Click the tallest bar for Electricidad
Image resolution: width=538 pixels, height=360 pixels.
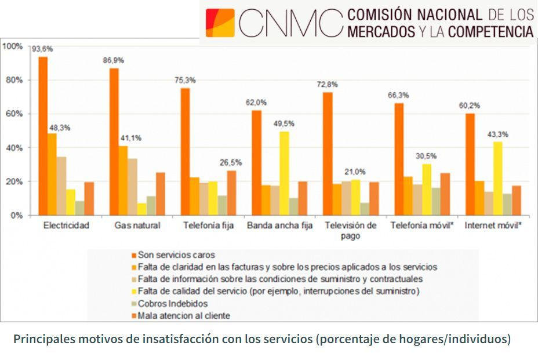tap(43, 136)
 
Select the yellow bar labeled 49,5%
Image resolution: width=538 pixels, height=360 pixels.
tap(284, 173)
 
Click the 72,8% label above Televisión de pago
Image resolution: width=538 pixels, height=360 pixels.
tap(329, 85)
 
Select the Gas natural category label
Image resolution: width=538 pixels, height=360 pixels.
tap(137, 226)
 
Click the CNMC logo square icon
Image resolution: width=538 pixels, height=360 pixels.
tap(220, 23)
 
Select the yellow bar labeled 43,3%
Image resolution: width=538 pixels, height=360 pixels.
tap(497, 178)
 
